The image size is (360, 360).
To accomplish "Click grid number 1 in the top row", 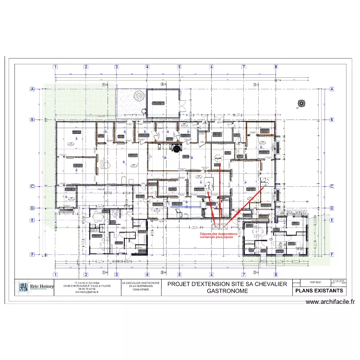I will pos(56,67).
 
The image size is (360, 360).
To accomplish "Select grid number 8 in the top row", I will pos(276,67).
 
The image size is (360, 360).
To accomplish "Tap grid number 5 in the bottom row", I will pos(180,275).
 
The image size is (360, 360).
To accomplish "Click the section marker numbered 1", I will pos(104,84).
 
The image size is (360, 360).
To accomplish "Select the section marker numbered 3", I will pos(254,84).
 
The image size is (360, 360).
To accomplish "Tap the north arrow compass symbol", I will pos(301,102).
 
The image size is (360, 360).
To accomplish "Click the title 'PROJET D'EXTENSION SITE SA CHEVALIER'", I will pos(227,284).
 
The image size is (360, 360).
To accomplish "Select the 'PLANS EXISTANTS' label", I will pos(319,291).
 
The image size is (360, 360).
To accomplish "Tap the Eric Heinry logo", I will pos(35,288).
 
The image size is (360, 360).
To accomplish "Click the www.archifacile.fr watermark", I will pos(330,302).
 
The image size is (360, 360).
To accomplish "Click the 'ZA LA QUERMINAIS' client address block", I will pos(142,287).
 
